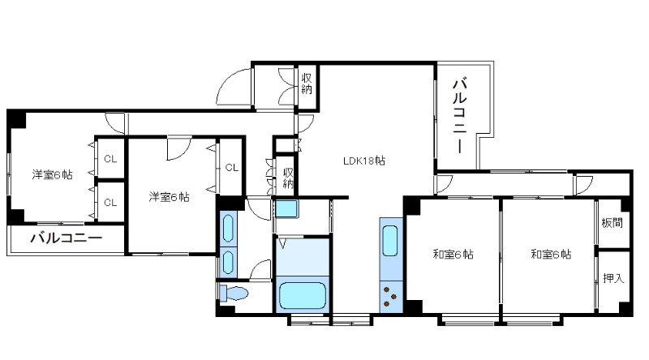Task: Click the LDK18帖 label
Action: coord(363,161)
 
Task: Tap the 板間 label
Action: coord(612,223)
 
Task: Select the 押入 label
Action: coord(613,278)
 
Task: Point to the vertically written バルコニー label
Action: coord(460,115)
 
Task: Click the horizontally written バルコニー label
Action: coord(67,238)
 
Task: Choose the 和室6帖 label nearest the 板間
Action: coord(551,254)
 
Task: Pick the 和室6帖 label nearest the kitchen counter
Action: coord(453,254)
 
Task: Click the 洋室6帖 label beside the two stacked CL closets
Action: coord(52,174)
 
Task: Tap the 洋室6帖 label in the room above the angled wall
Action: coord(169,196)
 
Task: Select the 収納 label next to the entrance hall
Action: coord(307,84)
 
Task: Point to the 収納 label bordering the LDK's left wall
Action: coord(288,178)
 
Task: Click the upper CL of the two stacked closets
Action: coord(110,159)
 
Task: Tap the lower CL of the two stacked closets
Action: coord(110,203)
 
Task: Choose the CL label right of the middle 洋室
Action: coord(232,167)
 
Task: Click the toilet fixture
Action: coord(233,294)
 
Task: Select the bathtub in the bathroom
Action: coord(302,295)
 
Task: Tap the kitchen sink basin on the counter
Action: coord(390,241)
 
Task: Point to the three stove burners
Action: coord(389,297)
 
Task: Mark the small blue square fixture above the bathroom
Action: coord(287,208)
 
